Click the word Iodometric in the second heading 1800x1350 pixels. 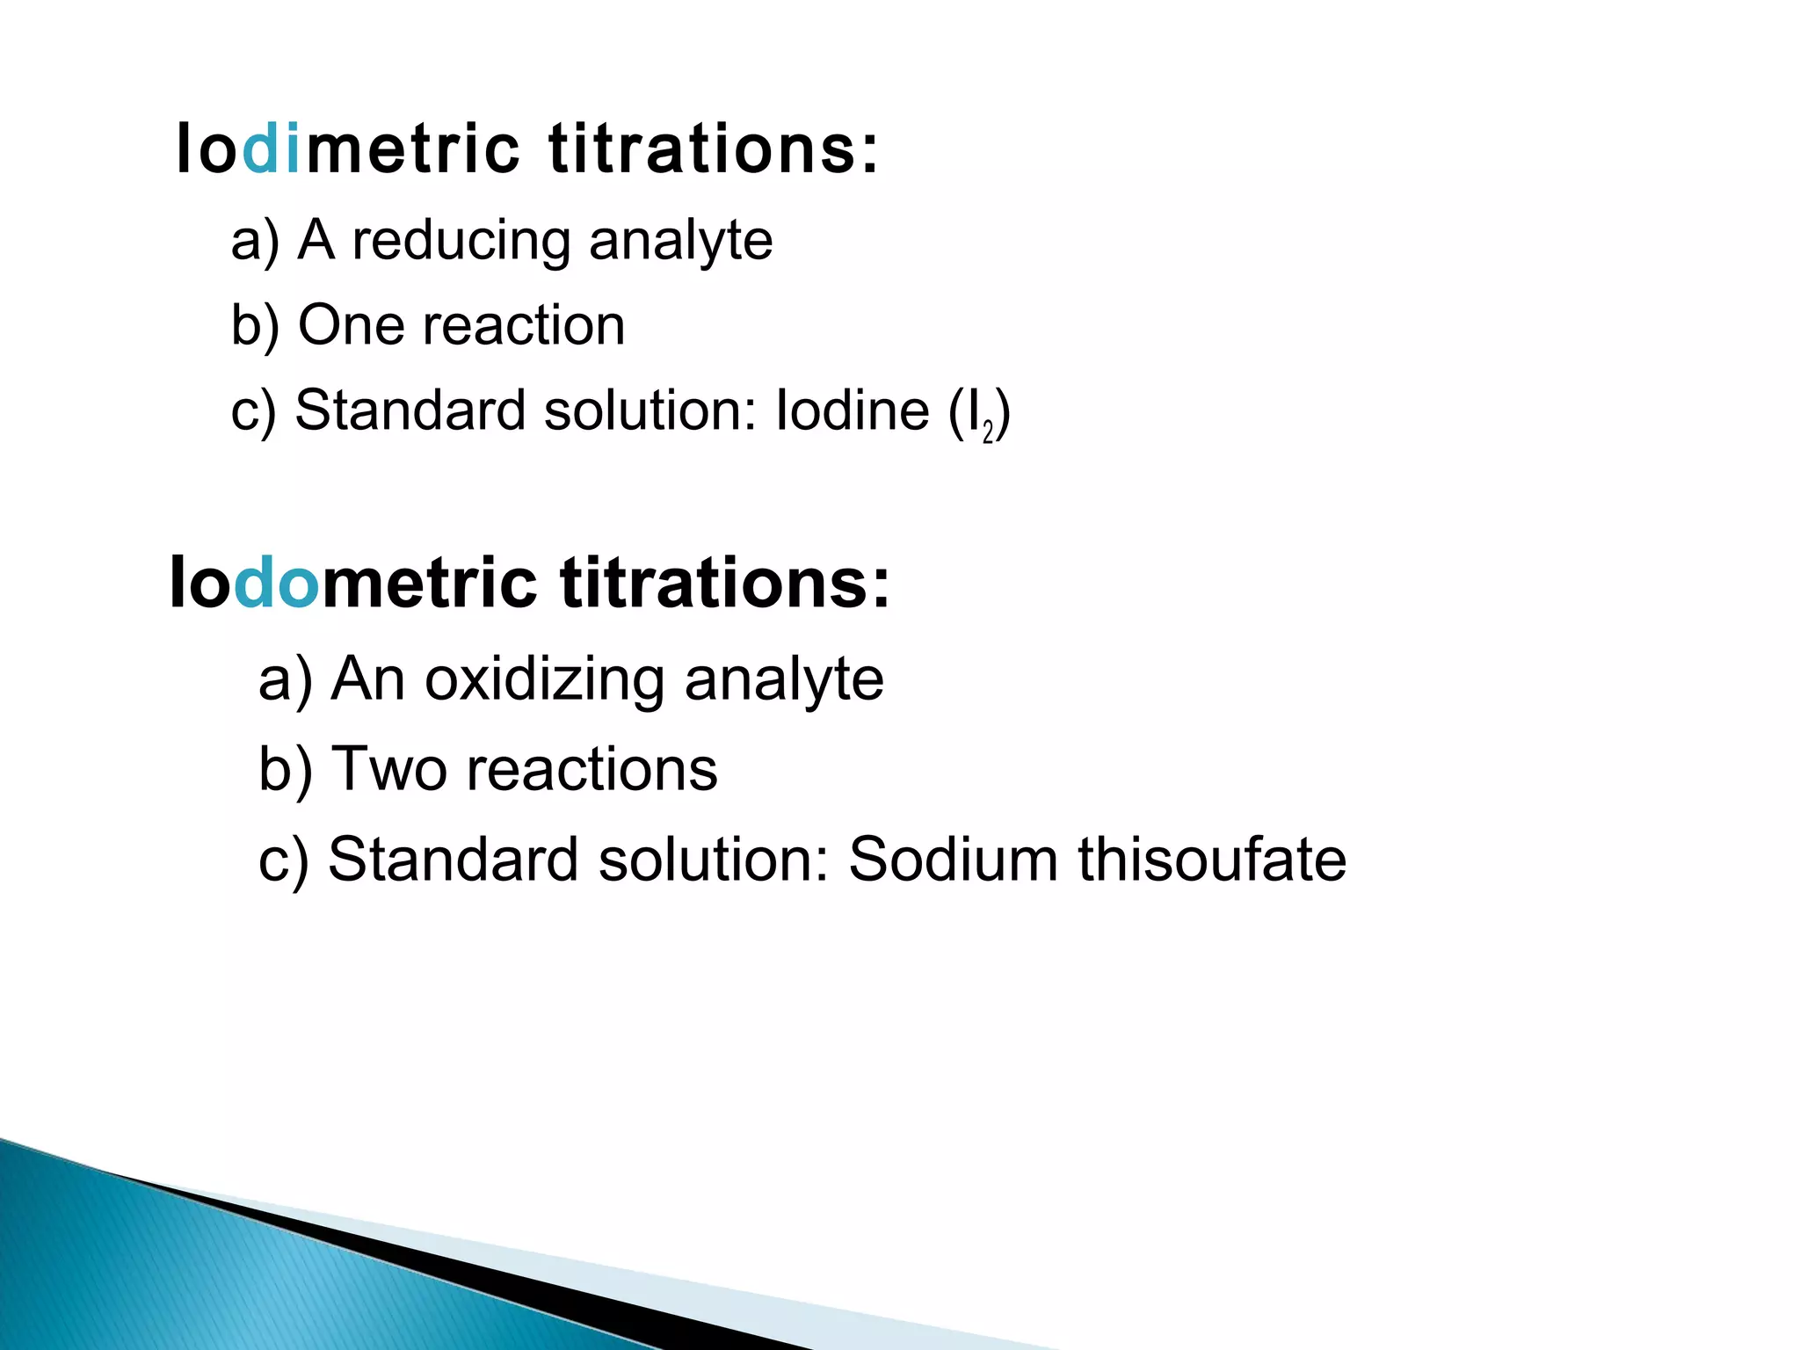click(x=352, y=583)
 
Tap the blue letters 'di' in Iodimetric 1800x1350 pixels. click(x=272, y=149)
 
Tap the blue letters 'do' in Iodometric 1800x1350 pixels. click(x=276, y=583)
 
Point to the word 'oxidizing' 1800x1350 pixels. click(x=544, y=679)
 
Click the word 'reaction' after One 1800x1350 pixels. click(x=524, y=325)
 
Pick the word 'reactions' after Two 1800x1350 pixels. click(x=592, y=769)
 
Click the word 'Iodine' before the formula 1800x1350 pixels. click(x=852, y=410)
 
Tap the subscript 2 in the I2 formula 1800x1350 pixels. click(x=988, y=432)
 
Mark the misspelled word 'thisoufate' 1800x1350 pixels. click(x=1212, y=859)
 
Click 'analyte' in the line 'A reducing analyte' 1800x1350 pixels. click(x=680, y=241)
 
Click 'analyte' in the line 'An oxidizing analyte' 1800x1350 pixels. click(x=784, y=679)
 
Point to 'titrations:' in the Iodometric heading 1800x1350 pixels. click(x=725, y=583)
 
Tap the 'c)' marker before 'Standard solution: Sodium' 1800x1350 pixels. click(x=283, y=859)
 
